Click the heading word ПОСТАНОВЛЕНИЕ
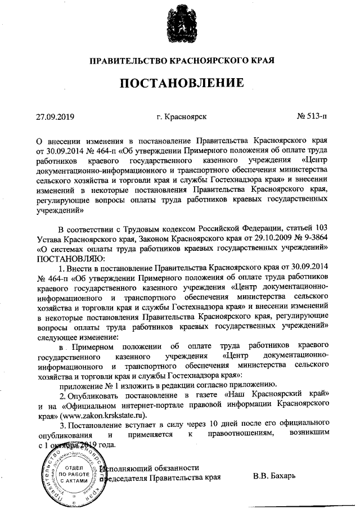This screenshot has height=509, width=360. [x=180, y=84]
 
